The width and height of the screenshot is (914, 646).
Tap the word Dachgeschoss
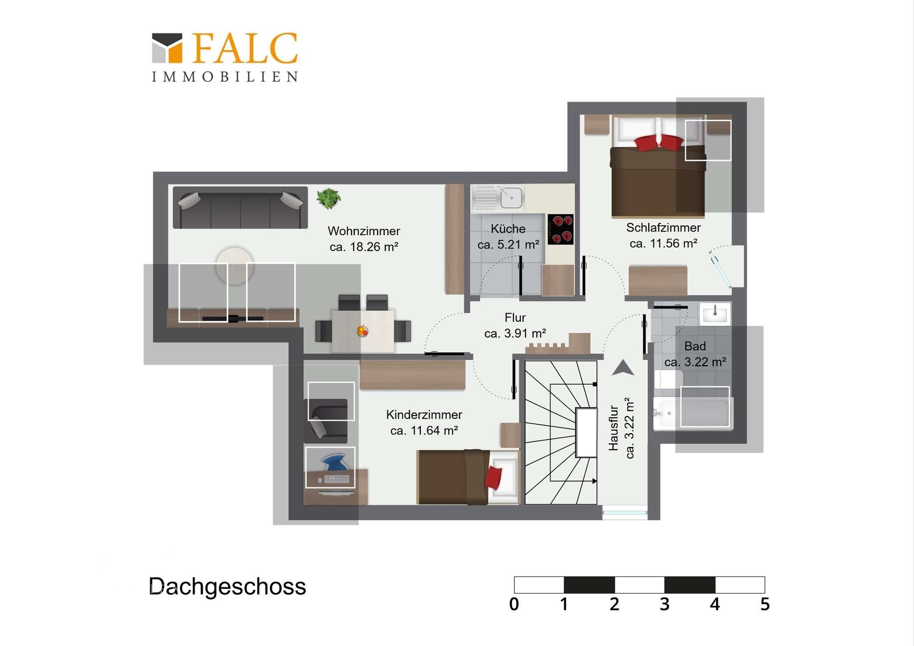point(228,586)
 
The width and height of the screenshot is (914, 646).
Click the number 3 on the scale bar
point(665,604)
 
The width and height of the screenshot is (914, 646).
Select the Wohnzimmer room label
point(364,231)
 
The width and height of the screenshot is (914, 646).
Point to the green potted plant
point(328,198)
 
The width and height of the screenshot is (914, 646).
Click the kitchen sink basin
point(511,198)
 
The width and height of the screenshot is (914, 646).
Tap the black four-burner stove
point(560,229)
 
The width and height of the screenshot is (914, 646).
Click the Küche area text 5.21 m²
point(508,245)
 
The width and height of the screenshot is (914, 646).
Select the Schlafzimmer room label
point(663,228)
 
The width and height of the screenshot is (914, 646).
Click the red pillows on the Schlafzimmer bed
point(659,142)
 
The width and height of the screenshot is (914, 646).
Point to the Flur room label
point(515,318)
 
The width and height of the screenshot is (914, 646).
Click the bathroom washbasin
point(715,314)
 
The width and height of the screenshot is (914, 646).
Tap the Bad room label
point(695,346)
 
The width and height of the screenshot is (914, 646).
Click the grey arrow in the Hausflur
point(623,368)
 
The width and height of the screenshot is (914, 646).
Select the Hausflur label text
point(614,427)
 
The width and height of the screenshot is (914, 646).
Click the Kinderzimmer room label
point(424,415)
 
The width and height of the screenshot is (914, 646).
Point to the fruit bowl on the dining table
point(362,330)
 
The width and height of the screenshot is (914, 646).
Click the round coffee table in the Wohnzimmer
point(234,266)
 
